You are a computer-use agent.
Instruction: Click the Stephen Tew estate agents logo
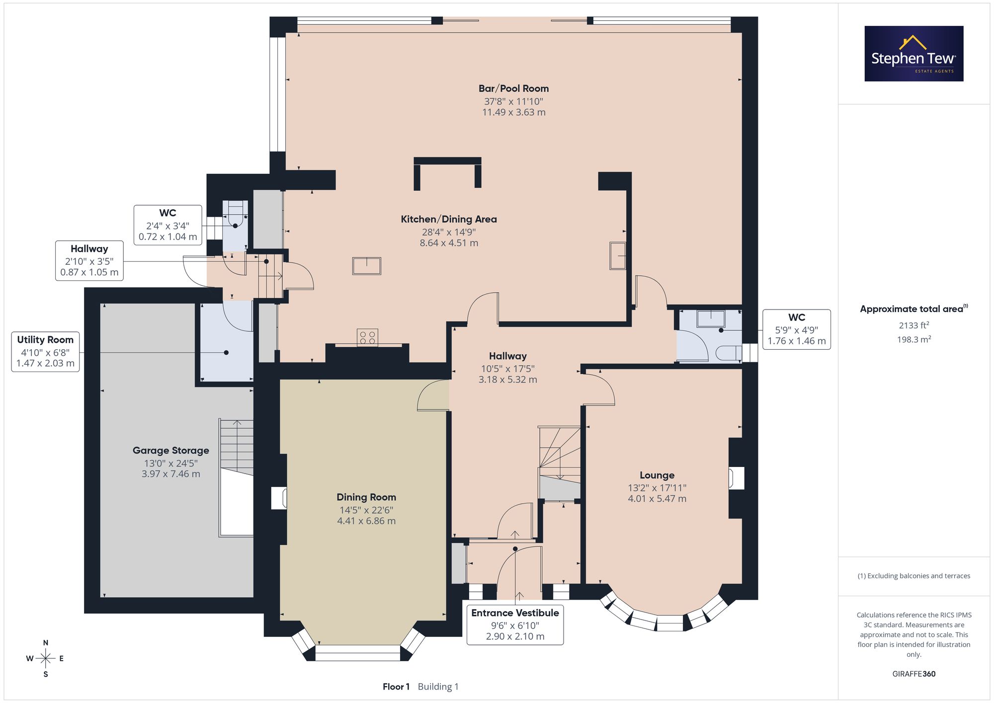click(914, 54)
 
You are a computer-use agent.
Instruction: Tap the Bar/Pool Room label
click(513, 88)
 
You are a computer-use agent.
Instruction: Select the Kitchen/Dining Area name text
click(449, 219)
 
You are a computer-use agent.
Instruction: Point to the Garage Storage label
click(171, 451)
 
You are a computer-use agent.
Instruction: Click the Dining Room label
click(366, 497)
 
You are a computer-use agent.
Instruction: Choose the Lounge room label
click(657, 475)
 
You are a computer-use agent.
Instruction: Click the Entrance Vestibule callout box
click(515, 624)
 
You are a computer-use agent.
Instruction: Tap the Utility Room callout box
click(45, 351)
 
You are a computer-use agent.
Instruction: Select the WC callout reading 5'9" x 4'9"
click(797, 329)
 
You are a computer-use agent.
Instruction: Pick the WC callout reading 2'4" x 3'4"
click(168, 225)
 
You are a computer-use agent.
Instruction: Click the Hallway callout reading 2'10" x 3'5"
click(89, 261)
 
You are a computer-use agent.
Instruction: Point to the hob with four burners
click(367, 337)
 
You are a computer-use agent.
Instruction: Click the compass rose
click(45, 659)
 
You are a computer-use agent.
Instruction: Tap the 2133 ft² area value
click(914, 325)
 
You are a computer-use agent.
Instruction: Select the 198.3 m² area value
click(914, 339)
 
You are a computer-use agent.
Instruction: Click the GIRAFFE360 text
click(914, 674)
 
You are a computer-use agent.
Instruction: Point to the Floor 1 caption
click(396, 687)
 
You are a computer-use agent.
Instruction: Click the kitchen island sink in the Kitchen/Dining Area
click(367, 266)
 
